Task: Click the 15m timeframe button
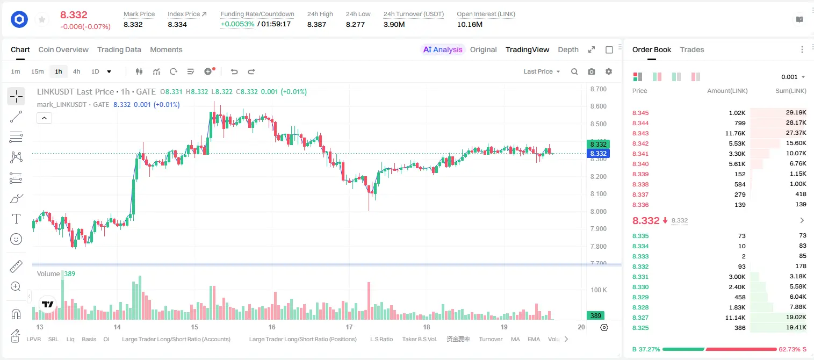(x=38, y=71)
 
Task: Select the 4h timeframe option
(x=76, y=71)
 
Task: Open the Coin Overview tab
(x=63, y=50)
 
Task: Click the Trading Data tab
(x=119, y=50)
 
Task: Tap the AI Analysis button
(x=443, y=50)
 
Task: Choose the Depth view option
(x=568, y=50)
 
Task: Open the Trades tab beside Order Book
(x=692, y=50)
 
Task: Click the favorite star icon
(x=42, y=19)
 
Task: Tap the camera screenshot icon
(x=592, y=71)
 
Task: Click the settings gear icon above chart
(x=609, y=71)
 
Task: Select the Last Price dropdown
(x=542, y=71)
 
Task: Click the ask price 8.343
(x=640, y=133)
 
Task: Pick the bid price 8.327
(x=640, y=318)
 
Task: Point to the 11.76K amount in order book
(x=735, y=133)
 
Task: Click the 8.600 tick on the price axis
(x=598, y=106)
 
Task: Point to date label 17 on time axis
(x=349, y=327)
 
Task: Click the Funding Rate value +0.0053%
(x=237, y=24)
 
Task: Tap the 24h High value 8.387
(x=316, y=24)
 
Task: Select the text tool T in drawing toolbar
(x=16, y=219)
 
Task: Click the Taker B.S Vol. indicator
(x=419, y=339)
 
